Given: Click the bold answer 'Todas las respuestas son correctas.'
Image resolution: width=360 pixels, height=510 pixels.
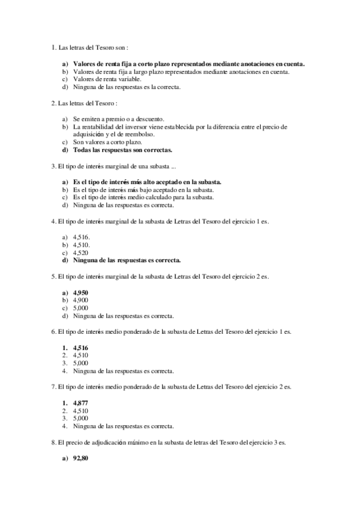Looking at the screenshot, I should [x=122, y=150].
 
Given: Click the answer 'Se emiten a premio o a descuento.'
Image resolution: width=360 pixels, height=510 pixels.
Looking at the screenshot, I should [x=118, y=119].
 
